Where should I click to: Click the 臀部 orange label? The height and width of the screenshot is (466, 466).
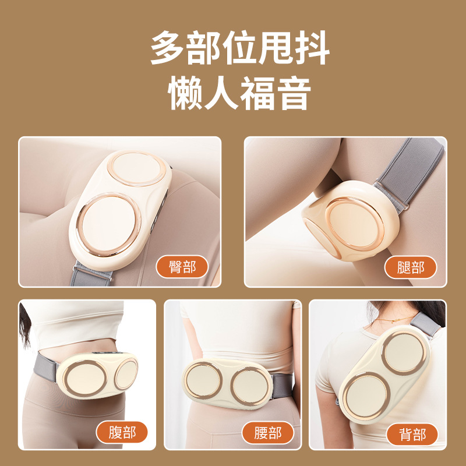(x=183, y=267)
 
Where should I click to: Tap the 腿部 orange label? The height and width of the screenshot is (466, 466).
(x=410, y=267)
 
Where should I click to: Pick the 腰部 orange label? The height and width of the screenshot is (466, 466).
(x=267, y=433)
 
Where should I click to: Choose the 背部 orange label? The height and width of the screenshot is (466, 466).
(x=412, y=435)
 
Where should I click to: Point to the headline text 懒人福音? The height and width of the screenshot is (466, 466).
(x=239, y=93)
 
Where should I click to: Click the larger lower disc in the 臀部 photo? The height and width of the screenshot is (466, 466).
(x=108, y=221)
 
